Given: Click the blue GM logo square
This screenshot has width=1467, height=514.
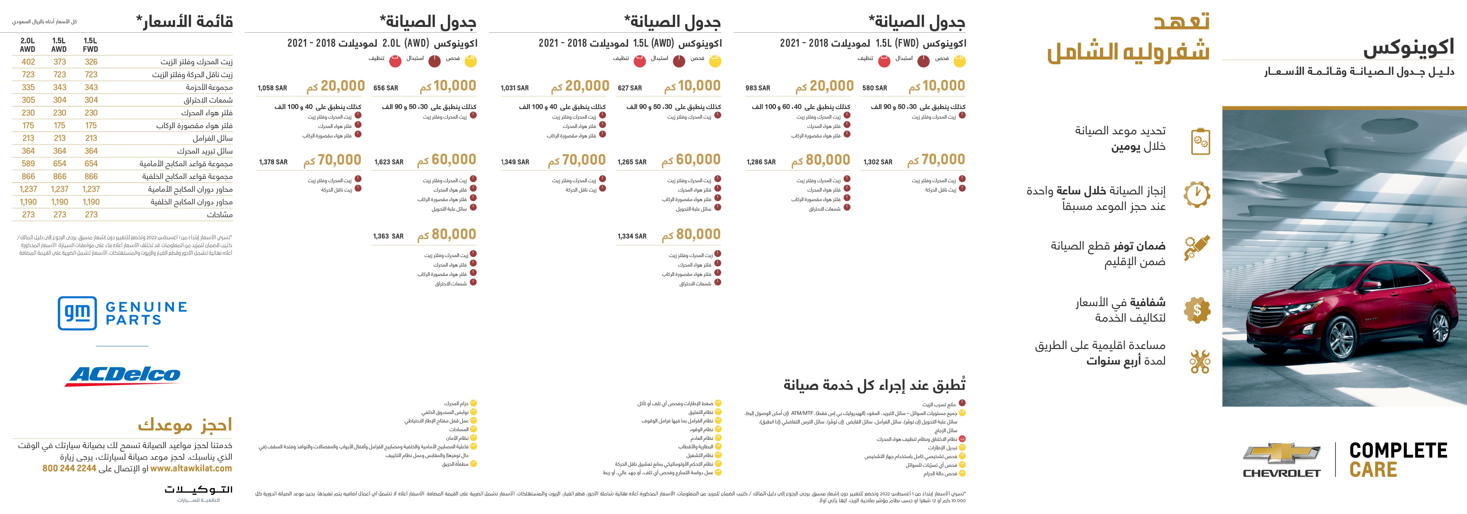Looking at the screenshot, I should pyautogui.click(x=77, y=314).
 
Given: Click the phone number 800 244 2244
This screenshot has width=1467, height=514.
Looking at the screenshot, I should pyautogui.click(x=70, y=468).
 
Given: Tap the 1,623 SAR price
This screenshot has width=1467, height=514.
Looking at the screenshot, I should pyautogui.click(x=389, y=163).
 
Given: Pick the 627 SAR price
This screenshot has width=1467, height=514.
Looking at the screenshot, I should pyautogui.click(x=630, y=88).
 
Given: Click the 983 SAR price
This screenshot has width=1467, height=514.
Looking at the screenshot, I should pyautogui.click(x=758, y=88).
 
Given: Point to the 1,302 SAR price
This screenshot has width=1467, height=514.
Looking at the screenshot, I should pyautogui.click(x=878, y=163).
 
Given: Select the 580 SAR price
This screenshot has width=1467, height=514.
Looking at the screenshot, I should pyautogui.click(x=874, y=88).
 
